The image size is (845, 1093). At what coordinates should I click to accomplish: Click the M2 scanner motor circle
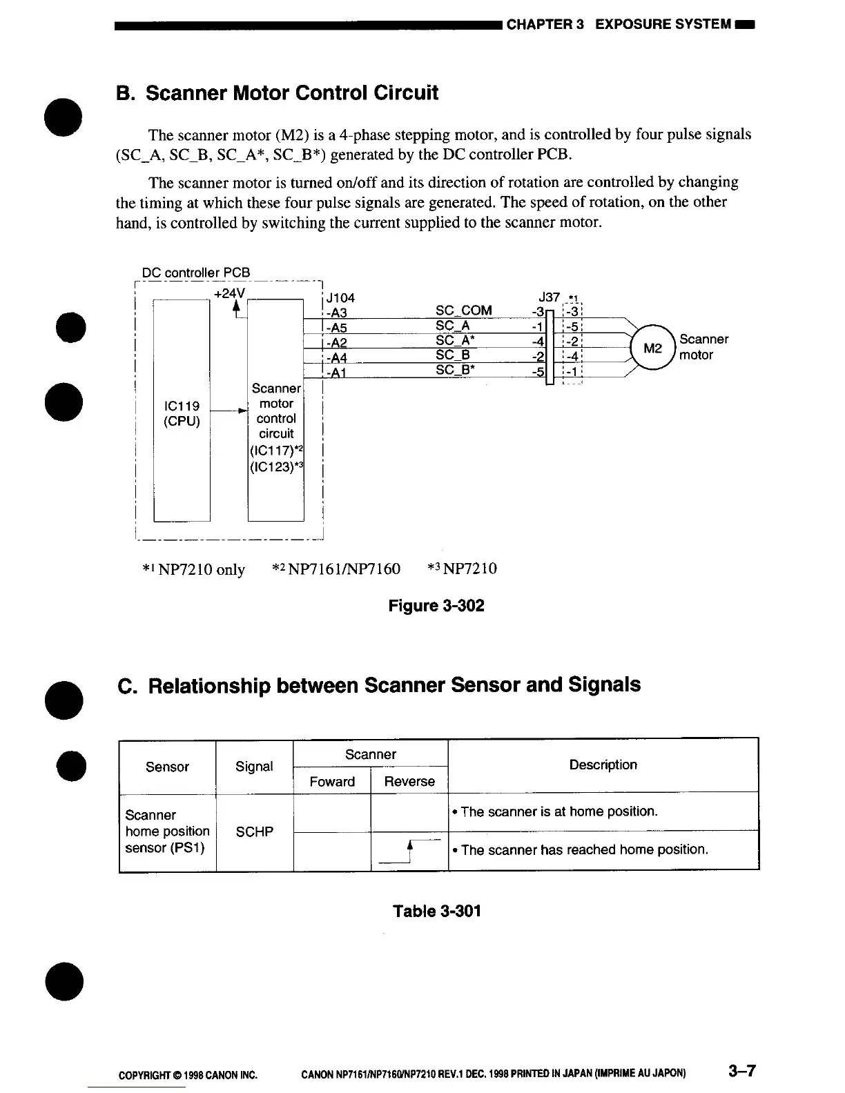point(652,348)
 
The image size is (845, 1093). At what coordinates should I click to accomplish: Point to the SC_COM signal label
point(464,311)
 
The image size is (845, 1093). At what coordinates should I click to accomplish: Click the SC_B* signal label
point(457,370)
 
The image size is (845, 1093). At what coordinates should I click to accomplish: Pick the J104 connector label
point(340,298)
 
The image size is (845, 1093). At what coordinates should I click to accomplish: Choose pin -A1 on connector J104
point(336,373)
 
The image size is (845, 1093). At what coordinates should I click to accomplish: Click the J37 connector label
point(549,297)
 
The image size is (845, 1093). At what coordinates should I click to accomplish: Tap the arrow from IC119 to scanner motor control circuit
point(228,411)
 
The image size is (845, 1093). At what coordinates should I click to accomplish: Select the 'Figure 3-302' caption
point(436,606)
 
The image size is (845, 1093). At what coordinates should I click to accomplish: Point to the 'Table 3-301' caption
point(436,911)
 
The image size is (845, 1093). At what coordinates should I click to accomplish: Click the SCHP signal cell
point(254,831)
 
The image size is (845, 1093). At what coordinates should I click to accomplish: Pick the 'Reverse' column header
point(409,781)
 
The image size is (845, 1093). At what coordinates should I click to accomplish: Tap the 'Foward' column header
point(332,781)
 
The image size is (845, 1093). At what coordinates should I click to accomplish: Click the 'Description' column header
point(603,765)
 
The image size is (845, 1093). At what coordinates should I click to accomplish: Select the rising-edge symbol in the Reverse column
point(410,851)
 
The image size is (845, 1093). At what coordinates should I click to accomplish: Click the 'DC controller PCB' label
point(196,273)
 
